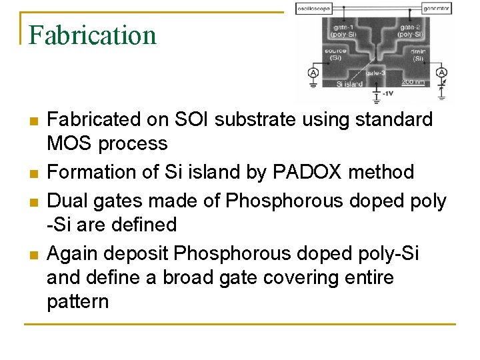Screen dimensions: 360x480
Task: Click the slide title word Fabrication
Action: [x=93, y=35]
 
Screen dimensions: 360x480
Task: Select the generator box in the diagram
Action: [x=437, y=9]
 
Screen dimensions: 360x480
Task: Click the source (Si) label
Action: [x=335, y=54]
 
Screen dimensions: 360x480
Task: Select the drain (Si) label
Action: [x=418, y=54]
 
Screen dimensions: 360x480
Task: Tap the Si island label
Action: [x=349, y=84]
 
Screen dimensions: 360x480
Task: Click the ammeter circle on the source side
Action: [x=313, y=72]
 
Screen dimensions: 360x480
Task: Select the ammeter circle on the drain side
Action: [x=441, y=72]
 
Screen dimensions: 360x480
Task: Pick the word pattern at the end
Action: [x=77, y=301]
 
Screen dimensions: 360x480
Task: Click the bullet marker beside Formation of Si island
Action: [x=32, y=173]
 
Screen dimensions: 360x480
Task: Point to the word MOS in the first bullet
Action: [x=68, y=143]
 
